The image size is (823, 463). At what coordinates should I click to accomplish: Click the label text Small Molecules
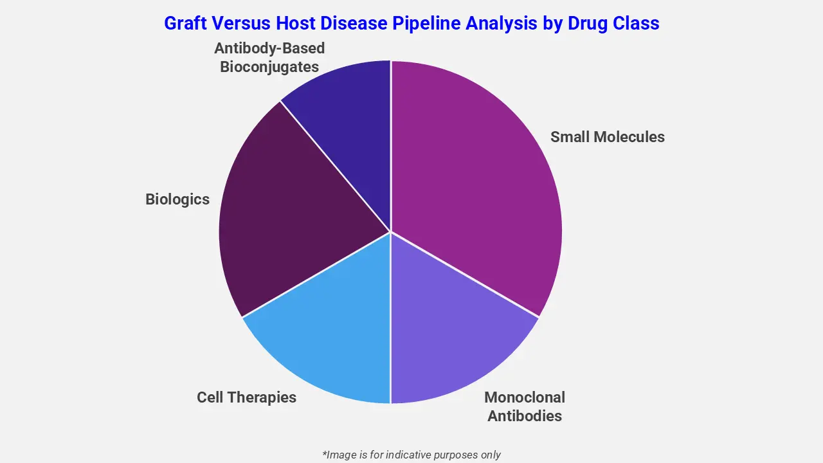pos(607,137)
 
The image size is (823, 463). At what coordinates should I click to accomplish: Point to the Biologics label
pos(177,199)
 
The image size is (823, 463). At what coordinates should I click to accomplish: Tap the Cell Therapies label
pos(246,397)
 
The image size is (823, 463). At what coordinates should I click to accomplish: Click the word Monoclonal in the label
pos(525,397)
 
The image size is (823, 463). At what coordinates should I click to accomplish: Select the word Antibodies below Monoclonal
pos(525,416)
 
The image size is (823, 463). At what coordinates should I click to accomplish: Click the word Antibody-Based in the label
pos(269,48)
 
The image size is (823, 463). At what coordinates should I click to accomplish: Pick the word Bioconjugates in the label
pos(269,67)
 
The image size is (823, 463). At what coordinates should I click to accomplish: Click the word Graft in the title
pos(185,24)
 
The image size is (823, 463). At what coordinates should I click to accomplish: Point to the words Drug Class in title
pos(613,24)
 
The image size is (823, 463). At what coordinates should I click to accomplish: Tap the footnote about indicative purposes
pos(411,455)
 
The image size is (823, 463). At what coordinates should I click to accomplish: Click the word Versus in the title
pos(240,24)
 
